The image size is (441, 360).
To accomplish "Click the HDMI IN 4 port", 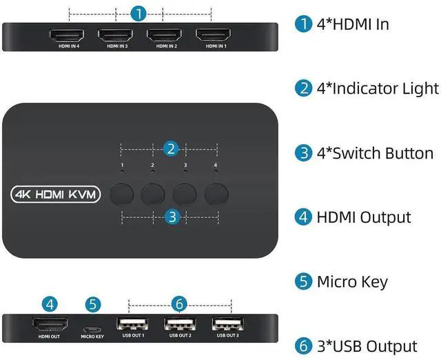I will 65,35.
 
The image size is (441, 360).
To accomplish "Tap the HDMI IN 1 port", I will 212,35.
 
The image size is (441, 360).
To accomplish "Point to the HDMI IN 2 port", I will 163,35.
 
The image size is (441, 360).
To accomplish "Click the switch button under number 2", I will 153,194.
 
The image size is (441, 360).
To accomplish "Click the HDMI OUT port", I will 50,323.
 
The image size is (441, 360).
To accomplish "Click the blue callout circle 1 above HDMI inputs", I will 139,13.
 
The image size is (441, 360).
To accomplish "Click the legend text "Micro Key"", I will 352,281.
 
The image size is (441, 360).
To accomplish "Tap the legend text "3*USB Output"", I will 367,346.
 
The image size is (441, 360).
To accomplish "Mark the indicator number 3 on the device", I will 185,166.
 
